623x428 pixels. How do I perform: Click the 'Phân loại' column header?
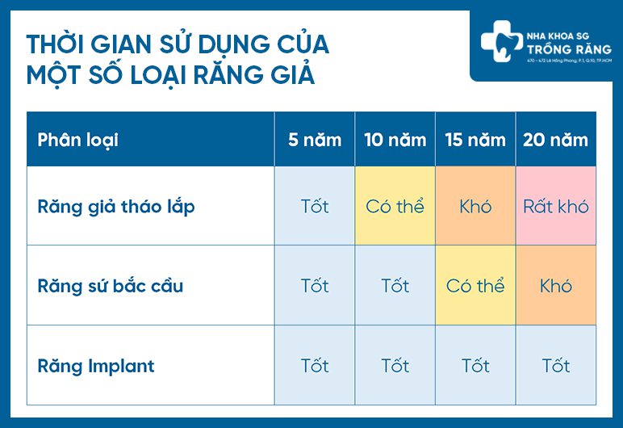click(x=77, y=140)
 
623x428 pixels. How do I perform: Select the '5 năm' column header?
click(x=315, y=140)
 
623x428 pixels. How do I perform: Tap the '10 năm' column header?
click(x=395, y=140)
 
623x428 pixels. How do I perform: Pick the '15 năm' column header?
click(x=475, y=140)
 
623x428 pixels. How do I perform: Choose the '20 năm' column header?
click(x=555, y=140)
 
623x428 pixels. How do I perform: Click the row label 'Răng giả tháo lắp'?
click(x=116, y=206)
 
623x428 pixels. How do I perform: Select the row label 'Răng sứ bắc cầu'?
click(x=111, y=286)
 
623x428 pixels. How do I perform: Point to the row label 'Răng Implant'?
click(x=96, y=366)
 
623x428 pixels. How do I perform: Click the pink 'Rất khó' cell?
click(x=555, y=206)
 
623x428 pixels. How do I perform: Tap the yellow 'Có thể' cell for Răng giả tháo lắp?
click(x=395, y=206)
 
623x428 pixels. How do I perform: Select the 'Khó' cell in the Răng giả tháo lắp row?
click(x=475, y=206)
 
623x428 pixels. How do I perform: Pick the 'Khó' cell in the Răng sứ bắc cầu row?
click(x=555, y=286)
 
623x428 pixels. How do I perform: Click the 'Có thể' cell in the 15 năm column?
click(x=475, y=286)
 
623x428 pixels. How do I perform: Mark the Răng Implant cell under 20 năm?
click(x=555, y=366)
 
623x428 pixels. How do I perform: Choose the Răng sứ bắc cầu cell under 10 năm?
click(x=395, y=286)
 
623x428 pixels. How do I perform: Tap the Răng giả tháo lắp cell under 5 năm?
click(x=315, y=206)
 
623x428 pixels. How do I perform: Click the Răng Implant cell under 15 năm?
click(x=475, y=366)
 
